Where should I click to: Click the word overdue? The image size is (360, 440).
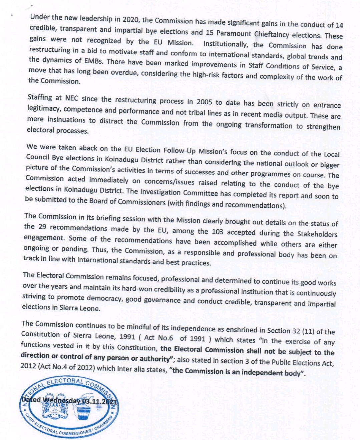click(x=123, y=72)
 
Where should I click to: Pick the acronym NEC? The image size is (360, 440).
click(x=71, y=98)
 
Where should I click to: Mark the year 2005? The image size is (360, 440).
click(x=204, y=102)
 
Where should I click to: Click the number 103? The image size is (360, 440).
click(x=217, y=232)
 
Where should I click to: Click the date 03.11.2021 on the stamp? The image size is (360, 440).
click(x=100, y=401)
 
